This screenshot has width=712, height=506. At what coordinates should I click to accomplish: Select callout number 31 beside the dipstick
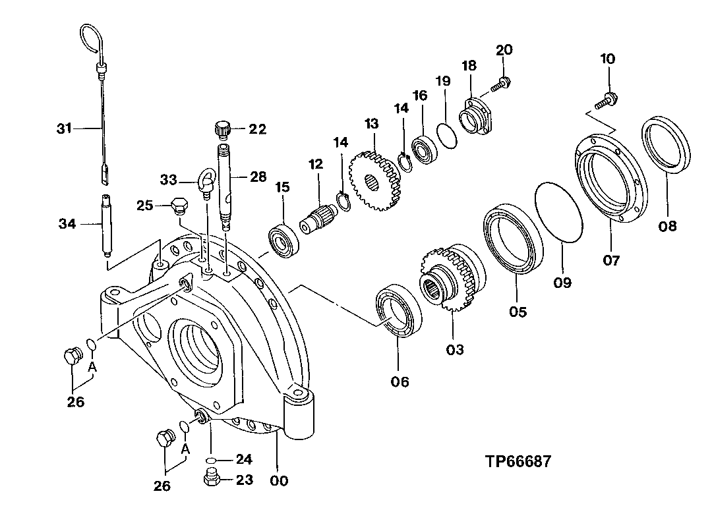63,129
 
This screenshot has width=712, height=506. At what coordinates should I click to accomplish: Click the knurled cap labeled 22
222,128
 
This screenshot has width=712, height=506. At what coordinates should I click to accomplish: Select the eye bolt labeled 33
205,182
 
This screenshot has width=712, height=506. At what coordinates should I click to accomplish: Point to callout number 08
667,226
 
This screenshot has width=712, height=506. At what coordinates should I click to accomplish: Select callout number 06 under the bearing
400,381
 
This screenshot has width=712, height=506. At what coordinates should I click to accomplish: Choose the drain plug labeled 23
212,480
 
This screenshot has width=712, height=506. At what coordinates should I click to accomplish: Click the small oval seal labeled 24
211,459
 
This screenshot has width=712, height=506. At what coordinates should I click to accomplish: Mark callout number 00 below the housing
280,481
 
